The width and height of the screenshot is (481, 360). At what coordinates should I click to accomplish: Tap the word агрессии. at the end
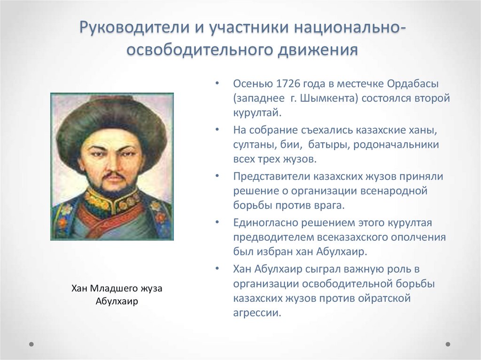click(257, 313)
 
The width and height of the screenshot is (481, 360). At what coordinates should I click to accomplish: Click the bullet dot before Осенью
click(217, 84)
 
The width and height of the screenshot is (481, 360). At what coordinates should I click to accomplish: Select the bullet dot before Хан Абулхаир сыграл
click(217, 268)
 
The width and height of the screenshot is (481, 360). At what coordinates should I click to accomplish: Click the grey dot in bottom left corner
click(31, 344)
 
